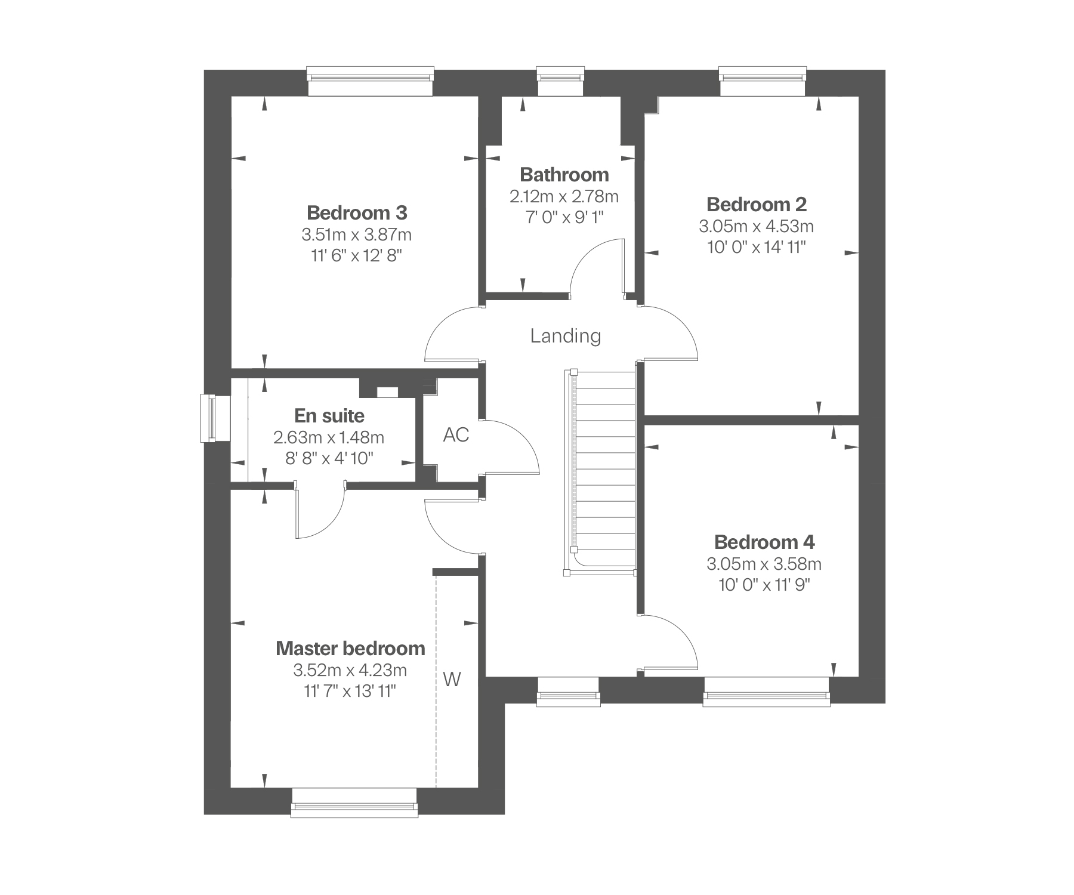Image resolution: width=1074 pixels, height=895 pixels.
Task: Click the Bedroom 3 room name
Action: pyautogui.click(x=357, y=212)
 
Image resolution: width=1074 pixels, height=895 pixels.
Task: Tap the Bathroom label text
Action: pyautogui.click(x=564, y=175)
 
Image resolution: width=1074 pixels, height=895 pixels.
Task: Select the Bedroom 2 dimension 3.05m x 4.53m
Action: pyautogui.click(x=756, y=226)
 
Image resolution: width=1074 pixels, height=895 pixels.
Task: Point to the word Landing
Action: pyautogui.click(x=565, y=336)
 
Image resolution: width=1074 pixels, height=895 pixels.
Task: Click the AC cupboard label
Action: pyautogui.click(x=456, y=435)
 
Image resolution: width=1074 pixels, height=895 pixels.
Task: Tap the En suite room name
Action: pyautogui.click(x=329, y=415)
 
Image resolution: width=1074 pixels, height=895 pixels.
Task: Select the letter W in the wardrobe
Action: pyautogui.click(x=452, y=679)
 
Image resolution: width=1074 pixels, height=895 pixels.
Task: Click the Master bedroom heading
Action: pyautogui.click(x=350, y=649)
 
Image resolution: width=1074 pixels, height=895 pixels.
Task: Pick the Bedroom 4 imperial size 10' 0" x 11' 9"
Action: pyautogui.click(x=764, y=584)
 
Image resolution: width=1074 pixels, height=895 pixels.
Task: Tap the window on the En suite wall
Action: pyautogui.click(x=208, y=418)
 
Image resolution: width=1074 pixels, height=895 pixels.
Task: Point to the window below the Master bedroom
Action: pyautogui.click(x=354, y=809)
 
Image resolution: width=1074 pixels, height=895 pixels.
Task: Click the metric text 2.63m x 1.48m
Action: pyautogui.click(x=329, y=437)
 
